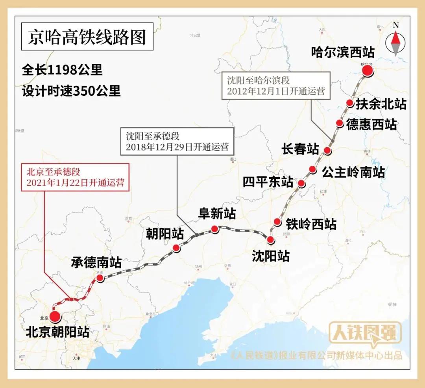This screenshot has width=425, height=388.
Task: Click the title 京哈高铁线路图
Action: coord(87,38)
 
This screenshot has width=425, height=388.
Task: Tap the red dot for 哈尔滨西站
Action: coord(367,71)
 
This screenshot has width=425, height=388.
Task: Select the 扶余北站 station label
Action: coord(381,104)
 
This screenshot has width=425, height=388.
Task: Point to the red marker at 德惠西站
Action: coord(340,123)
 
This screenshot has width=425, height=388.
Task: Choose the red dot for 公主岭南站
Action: coord(312,169)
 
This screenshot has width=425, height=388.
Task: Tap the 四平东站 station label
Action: coord(268,182)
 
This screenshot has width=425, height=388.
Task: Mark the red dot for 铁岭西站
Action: coord(277,221)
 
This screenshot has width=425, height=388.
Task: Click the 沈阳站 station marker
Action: coord(270,239)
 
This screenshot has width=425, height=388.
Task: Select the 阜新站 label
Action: coord(216,214)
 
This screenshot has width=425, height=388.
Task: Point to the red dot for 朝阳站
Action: coord(176,248)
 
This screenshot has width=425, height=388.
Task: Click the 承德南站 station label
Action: coord(96,262)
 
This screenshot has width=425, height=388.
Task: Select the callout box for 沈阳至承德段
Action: coord(177,141)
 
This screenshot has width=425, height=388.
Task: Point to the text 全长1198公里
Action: coord(62,70)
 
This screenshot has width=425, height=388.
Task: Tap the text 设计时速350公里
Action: coord(71,91)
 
